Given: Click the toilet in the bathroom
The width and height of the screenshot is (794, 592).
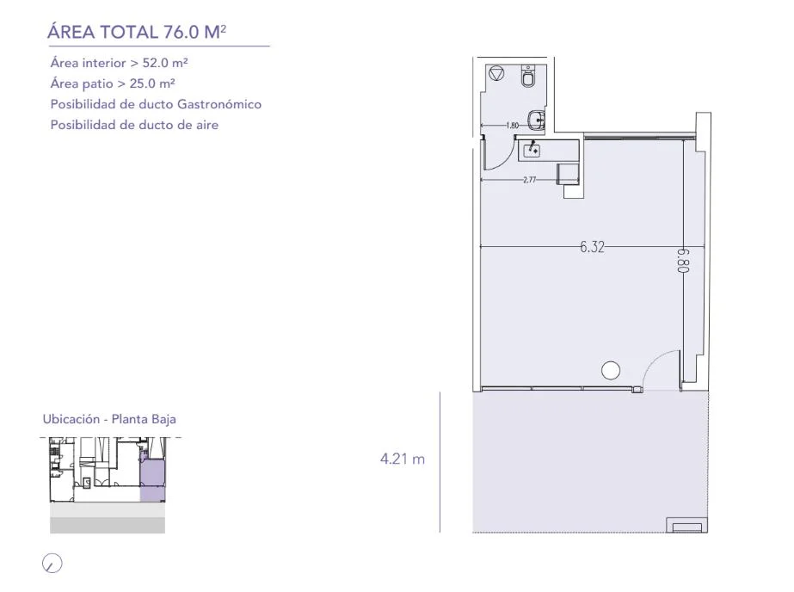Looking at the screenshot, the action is click(529, 77).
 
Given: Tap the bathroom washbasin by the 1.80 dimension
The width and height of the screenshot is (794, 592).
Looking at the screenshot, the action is click(536, 120).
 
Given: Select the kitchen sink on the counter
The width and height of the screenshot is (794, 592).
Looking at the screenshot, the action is click(532, 150).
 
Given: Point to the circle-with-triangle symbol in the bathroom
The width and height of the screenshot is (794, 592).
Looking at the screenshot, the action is click(496, 73).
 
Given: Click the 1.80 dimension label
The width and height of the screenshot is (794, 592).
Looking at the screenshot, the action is click(513, 125).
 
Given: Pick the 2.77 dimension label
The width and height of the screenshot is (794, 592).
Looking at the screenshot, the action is click(530, 179).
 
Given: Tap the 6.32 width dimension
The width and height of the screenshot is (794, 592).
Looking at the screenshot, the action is click(592, 247).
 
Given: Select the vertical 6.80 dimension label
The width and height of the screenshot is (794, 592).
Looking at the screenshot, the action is click(684, 261).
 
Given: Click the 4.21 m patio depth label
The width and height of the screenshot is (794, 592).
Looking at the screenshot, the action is click(403, 459).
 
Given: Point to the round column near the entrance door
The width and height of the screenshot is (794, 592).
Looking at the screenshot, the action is click(611, 370).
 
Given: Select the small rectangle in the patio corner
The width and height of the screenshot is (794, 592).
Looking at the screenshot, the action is click(687, 525).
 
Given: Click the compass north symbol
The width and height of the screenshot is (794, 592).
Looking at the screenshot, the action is click(52, 563).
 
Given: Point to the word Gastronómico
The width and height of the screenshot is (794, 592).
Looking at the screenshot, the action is click(219, 104).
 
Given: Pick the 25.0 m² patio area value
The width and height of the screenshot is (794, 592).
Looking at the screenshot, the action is click(152, 83).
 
